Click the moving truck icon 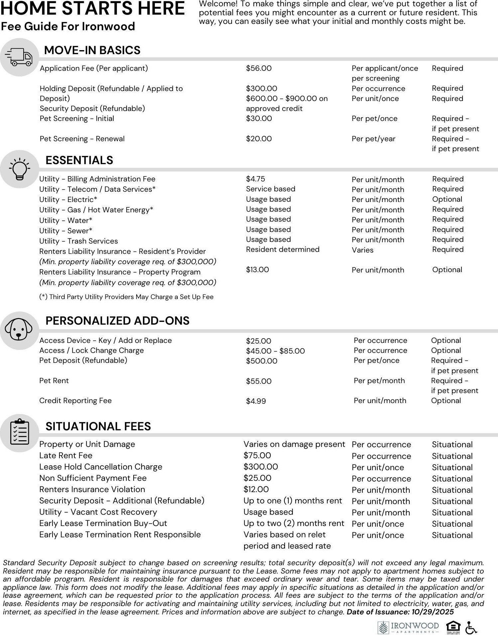[x=19, y=57]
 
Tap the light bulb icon [x=19, y=169]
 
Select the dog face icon [x=19, y=330]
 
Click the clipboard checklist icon [x=20, y=432]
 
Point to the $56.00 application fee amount [x=258, y=68]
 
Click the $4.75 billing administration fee [x=255, y=179]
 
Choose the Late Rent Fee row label [x=66, y=456]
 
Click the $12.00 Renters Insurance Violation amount [x=256, y=489]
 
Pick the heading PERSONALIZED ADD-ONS [x=117, y=321]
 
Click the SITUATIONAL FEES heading [x=98, y=426]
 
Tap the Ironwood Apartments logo [x=408, y=627]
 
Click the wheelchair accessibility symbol [x=471, y=628]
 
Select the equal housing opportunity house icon [x=453, y=627]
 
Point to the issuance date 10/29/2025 [x=433, y=612]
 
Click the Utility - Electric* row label [x=68, y=200]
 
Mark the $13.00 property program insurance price [x=257, y=270]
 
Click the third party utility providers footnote [x=126, y=297]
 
